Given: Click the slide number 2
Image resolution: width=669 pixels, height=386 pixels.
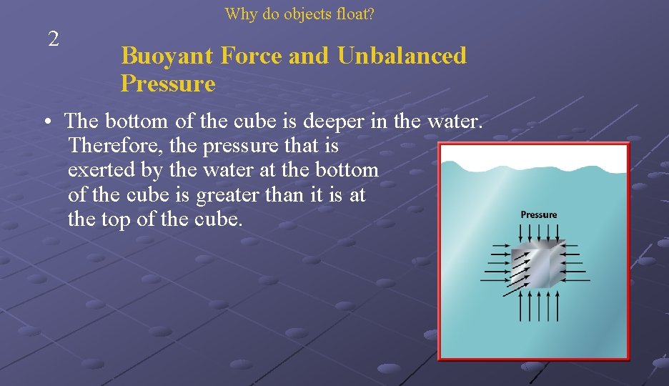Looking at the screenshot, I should coord(53,39).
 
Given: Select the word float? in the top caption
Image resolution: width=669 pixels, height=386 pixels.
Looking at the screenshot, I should coord(356,14).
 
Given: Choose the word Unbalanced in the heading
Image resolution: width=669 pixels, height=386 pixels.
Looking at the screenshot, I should coord(402,56).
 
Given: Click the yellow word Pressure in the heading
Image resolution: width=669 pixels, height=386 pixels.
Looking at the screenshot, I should coord(167,84).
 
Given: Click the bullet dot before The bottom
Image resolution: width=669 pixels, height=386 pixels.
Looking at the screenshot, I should coord(45,123).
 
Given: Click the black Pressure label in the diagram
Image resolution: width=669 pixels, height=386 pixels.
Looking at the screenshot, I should coord(538,214).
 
